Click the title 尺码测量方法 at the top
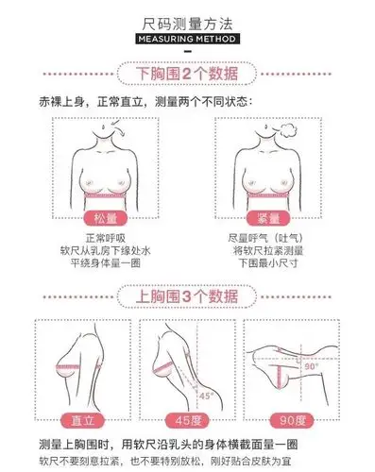pyautogui.click(x=187, y=21)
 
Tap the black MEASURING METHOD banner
pyautogui.click(x=187, y=39)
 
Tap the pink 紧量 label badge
pyautogui.click(x=271, y=217)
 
